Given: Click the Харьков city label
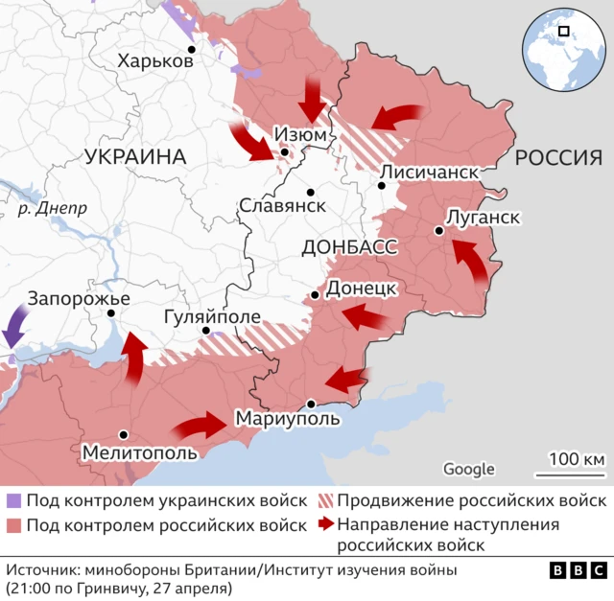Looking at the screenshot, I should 155,61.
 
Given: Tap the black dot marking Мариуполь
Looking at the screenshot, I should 311,404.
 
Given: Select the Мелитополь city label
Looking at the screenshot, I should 140,451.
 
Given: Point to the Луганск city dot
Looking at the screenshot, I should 438,230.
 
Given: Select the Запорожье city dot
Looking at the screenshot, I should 112,312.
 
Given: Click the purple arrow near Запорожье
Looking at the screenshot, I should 15,326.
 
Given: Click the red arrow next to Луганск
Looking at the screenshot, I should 470,261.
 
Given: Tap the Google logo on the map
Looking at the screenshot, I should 469,469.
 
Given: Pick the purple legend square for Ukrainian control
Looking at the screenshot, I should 13,501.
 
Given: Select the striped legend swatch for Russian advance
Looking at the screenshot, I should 325,501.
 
